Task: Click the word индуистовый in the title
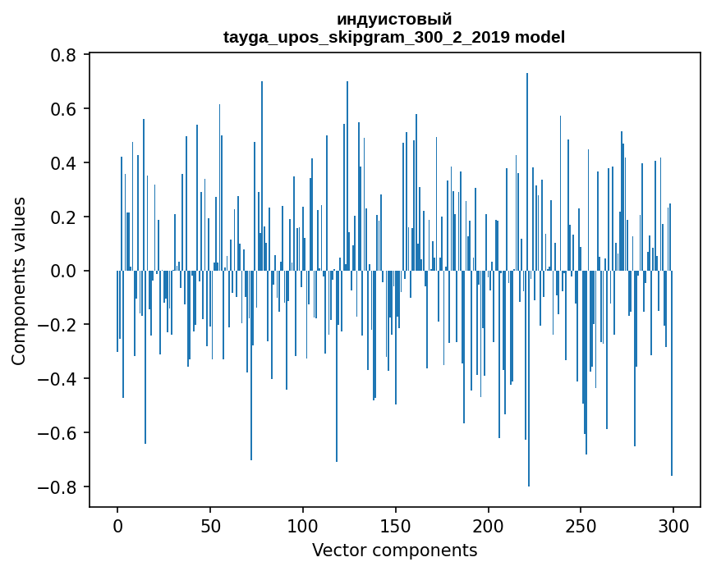[394, 19]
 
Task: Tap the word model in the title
[540, 37]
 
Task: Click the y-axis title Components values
[19, 281]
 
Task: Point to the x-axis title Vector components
[394, 550]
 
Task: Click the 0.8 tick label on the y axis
[65, 55]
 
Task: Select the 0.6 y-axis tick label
[65, 109]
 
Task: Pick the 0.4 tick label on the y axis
[65, 163]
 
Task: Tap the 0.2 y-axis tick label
[65, 217]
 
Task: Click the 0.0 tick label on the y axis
[65, 271]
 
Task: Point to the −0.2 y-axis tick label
[58, 325]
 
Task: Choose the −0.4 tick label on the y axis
[58, 379]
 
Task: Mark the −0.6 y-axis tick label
[58, 433]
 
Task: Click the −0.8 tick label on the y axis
[58, 487]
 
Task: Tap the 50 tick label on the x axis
[210, 524]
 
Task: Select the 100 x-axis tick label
[303, 524]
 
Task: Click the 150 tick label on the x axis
[396, 524]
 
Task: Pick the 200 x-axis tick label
[489, 524]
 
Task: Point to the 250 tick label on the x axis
[581, 524]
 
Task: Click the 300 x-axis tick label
[673, 524]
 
